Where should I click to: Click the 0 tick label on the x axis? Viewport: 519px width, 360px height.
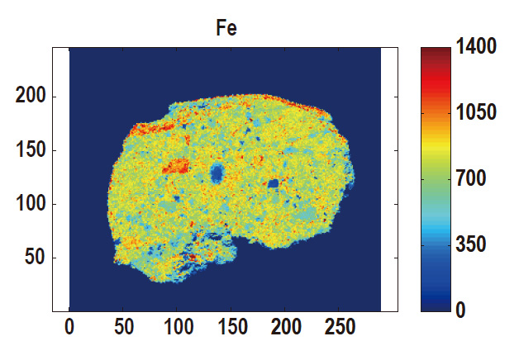(x=69, y=327)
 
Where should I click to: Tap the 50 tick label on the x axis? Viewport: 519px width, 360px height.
(x=123, y=327)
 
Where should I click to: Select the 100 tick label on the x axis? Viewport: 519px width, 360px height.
(x=177, y=327)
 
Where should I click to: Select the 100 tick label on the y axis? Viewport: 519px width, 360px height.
(x=32, y=204)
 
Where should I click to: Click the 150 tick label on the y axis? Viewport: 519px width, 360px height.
(x=32, y=150)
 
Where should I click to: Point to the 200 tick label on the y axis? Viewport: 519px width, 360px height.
(x=32, y=97)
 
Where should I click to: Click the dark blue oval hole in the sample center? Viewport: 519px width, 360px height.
(x=217, y=173)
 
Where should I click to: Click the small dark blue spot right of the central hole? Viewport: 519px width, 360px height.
(x=273, y=183)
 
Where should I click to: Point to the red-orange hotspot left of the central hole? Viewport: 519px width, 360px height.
(x=175, y=167)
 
